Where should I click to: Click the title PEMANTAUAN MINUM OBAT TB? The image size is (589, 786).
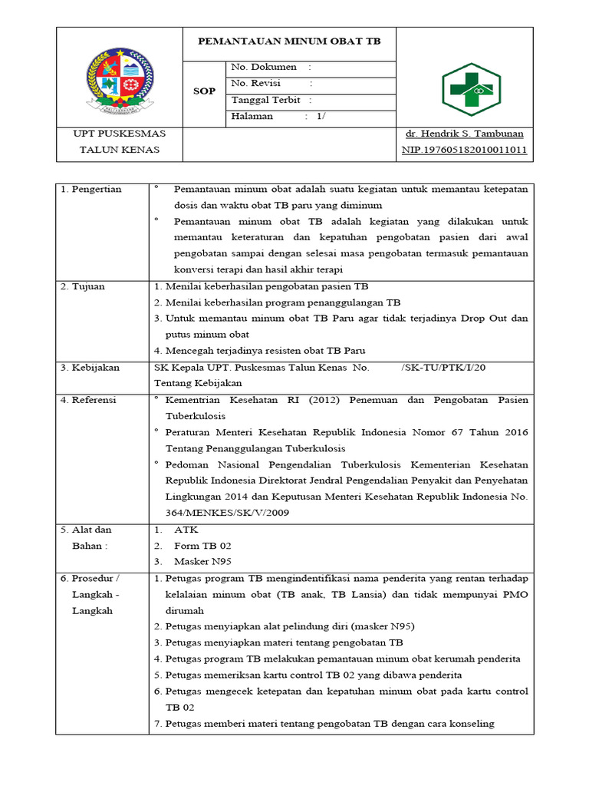pos(289,41)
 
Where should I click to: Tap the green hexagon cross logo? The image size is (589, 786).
pos(471,90)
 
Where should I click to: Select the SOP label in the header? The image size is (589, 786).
pos(205,91)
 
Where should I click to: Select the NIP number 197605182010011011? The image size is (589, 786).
pos(465,150)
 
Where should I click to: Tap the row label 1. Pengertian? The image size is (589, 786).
pos(91,190)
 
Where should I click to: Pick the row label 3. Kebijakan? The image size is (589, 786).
pos(90,368)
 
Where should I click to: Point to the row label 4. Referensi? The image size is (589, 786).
pos(90,400)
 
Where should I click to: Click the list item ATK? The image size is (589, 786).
pos(186,530)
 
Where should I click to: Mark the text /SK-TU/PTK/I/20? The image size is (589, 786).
pos(443,368)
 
